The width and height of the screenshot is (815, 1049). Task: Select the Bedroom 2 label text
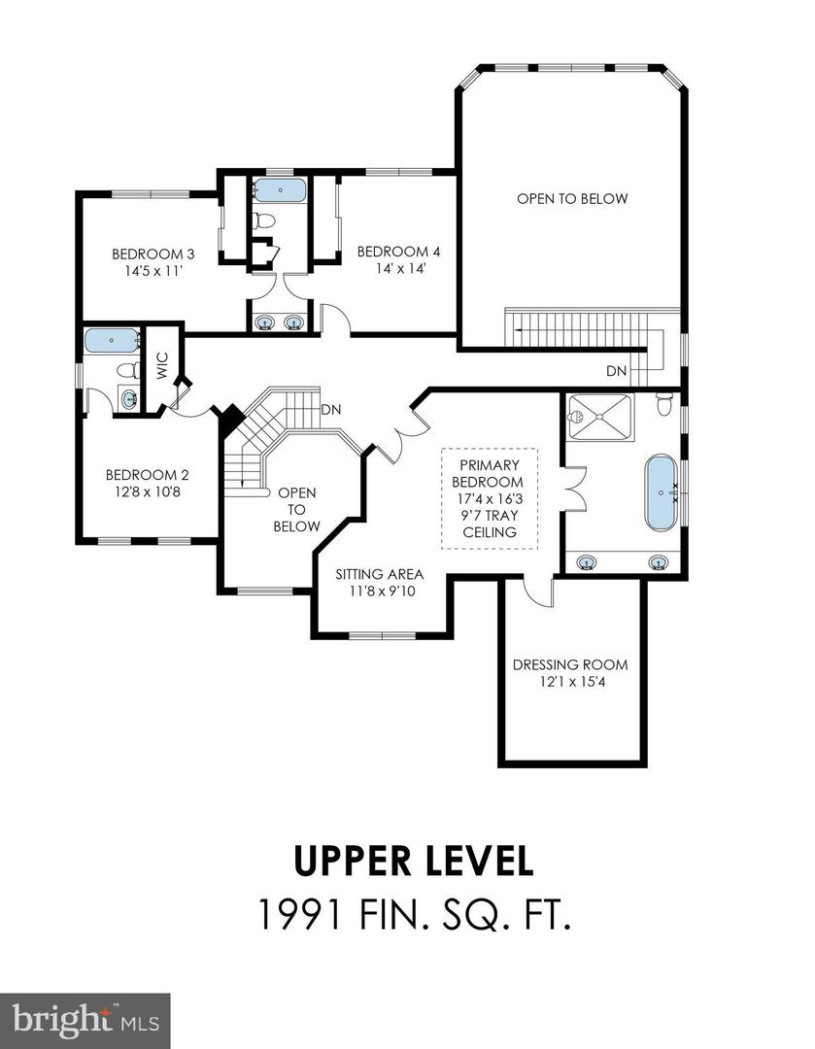(147, 475)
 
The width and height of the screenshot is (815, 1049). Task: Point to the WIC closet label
(162, 365)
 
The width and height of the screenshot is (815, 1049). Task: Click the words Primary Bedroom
(491, 473)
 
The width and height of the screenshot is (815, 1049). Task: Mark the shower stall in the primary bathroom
(599, 417)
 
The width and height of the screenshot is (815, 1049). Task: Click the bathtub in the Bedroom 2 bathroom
(112, 340)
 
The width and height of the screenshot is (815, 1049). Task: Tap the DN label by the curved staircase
(329, 409)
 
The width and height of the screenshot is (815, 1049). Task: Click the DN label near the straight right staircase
(616, 371)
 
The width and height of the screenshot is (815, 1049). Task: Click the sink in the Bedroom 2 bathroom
(129, 397)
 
